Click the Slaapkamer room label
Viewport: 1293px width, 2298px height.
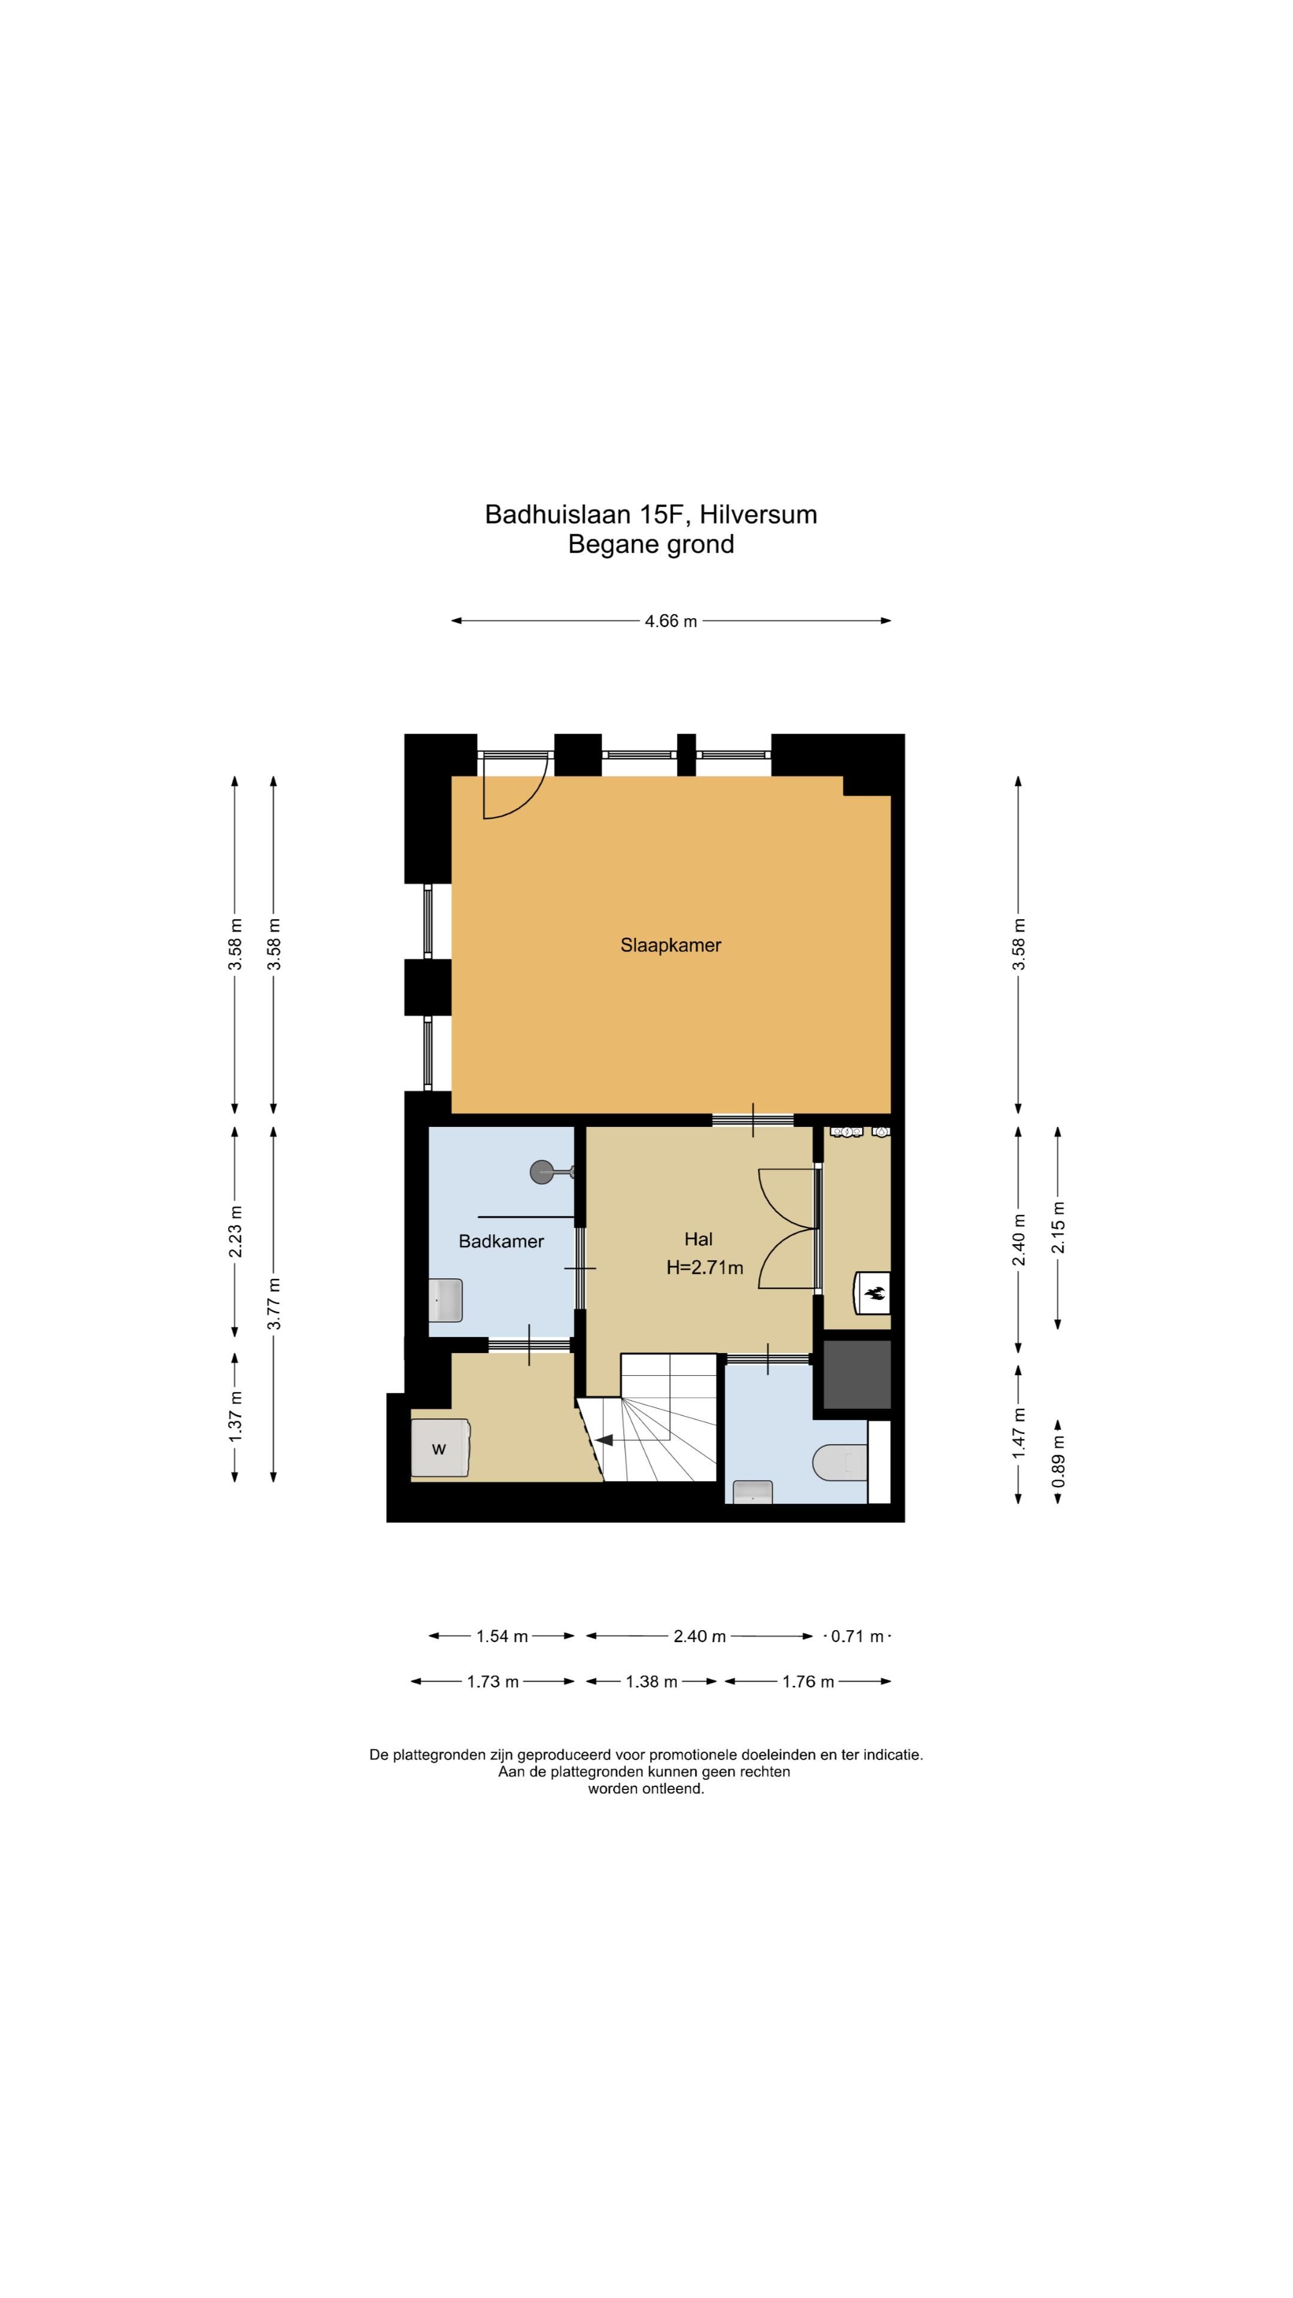point(670,945)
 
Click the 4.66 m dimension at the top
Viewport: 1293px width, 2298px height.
point(671,621)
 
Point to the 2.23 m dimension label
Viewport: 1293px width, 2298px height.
point(236,1232)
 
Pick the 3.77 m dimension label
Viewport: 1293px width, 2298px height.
point(275,1303)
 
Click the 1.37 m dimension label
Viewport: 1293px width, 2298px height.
point(236,1416)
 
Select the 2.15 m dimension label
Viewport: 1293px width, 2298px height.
point(1058,1227)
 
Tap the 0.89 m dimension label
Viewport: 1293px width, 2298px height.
point(1058,1460)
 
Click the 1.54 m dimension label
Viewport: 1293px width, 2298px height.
point(502,1636)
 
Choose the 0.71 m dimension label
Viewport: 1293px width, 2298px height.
point(857,1636)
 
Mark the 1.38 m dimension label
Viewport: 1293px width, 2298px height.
point(651,1682)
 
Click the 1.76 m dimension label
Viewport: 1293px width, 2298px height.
point(809,1682)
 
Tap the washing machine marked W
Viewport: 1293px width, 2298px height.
point(440,1447)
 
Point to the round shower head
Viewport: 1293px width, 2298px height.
point(542,1171)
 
